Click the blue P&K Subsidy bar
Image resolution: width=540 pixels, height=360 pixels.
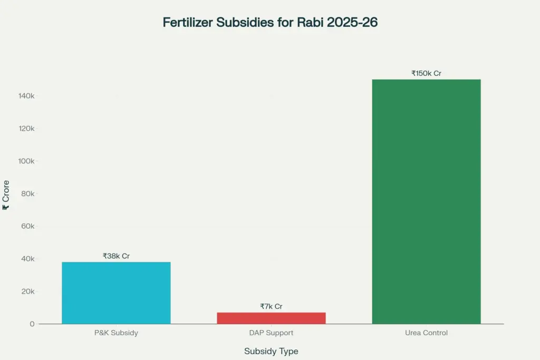pos(116,293)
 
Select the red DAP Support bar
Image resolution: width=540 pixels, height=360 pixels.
pos(271,318)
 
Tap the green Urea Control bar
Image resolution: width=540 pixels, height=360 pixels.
pos(426,201)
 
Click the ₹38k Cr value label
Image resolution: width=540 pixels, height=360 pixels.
pos(116,256)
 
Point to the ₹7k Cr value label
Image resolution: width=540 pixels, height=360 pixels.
pos(271,306)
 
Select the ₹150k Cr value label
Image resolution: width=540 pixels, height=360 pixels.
pos(426,73)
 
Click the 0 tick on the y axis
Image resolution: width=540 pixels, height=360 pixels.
pos(32,324)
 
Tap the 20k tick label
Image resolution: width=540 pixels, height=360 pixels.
pos(27,291)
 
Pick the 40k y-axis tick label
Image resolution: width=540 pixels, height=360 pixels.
pos(27,259)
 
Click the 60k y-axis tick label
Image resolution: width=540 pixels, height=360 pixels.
pos(27,226)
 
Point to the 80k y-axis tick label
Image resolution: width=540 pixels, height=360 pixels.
pos(27,193)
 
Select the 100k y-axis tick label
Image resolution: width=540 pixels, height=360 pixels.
pos(26,161)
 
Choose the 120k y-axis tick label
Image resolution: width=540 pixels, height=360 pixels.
pos(26,129)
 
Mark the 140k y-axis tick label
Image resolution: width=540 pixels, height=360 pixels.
pos(26,96)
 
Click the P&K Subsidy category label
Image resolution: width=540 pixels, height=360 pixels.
pos(116,333)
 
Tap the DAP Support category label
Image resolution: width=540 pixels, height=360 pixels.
pos(271,333)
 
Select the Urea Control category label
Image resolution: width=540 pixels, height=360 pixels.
pos(426,333)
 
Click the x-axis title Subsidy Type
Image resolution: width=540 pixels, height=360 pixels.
pos(271,351)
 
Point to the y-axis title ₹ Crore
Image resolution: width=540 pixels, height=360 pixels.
pos(6,195)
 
